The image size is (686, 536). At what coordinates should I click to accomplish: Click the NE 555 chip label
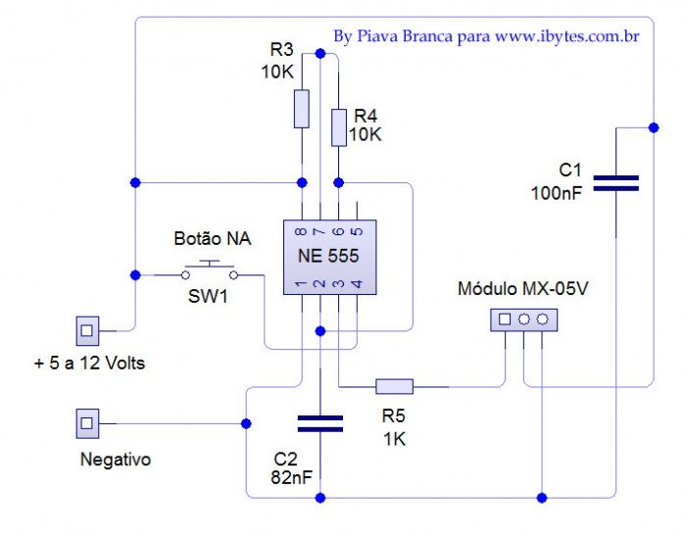[x=328, y=256]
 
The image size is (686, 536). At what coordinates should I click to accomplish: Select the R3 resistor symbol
[x=302, y=108]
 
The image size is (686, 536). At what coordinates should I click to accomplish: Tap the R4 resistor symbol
[x=339, y=127]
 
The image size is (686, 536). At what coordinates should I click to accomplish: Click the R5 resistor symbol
[x=394, y=386]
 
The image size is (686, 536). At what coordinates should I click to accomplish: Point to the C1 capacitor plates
[x=616, y=182]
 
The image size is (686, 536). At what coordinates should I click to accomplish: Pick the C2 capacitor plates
[x=319, y=422]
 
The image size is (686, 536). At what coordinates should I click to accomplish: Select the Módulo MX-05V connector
[x=523, y=319]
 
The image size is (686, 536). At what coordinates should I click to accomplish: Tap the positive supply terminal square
[x=87, y=328]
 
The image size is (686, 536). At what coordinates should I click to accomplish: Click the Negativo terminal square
[x=87, y=423]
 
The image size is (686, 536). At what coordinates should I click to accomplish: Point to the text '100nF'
[x=556, y=193]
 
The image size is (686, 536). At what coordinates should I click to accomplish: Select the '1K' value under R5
[x=395, y=439]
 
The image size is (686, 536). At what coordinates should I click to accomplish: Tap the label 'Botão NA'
[x=211, y=238]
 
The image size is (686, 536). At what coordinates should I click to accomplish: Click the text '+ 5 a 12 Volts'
[x=88, y=365]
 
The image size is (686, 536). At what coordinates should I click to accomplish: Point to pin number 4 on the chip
[x=357, y=284]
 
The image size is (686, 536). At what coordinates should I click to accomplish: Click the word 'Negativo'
[x=116, y=459]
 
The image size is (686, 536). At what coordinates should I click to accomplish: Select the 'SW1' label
[x=208, y=295]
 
